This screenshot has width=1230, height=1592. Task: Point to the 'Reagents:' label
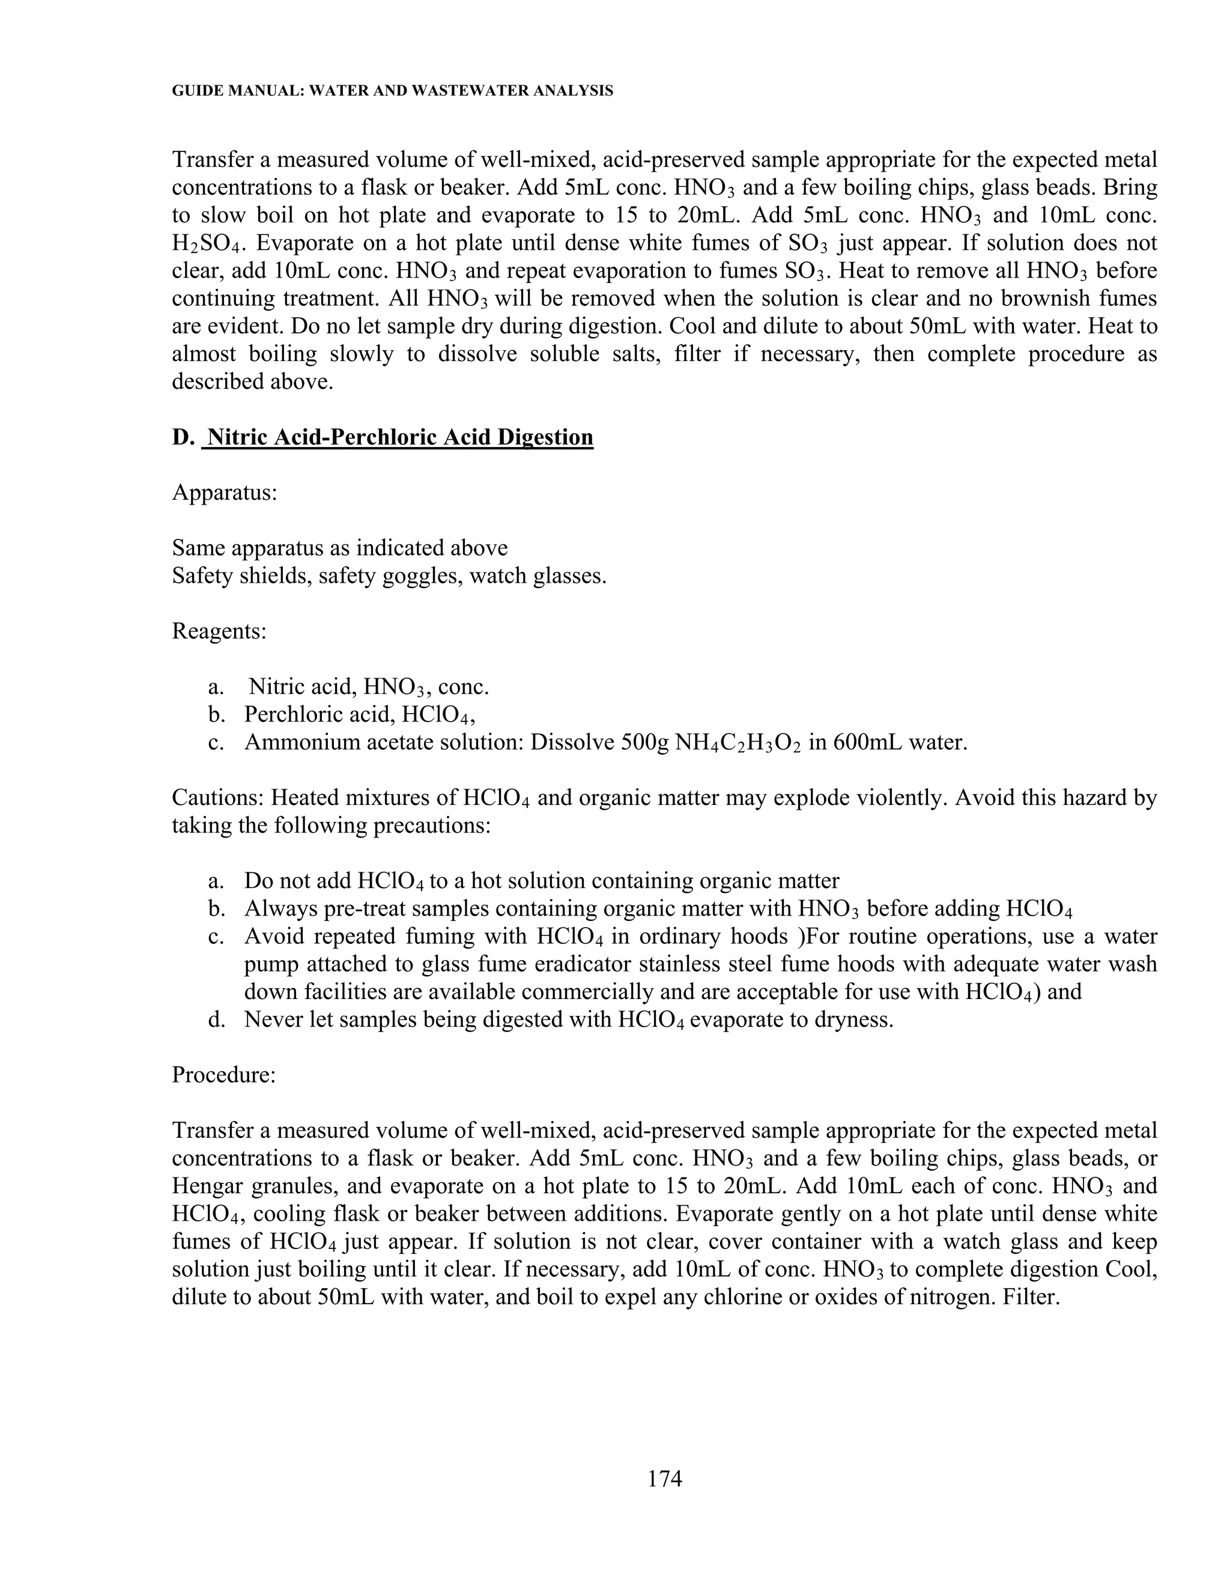[x=219, y=631]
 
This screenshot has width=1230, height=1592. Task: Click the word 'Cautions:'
[x=219, y=797]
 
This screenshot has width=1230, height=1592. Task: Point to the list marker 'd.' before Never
[x=216, y=1019]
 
